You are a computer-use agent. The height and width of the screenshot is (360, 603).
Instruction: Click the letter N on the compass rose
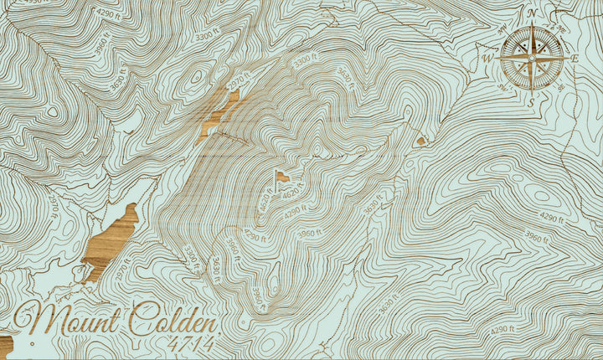(532, 13)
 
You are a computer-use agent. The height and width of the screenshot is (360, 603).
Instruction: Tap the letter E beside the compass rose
(575, 59)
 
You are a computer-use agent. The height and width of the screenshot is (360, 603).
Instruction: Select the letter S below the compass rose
(531, 102)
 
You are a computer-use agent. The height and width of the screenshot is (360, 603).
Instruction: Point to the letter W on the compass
(487, 59)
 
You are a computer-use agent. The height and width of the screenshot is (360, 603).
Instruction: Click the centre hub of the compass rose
(531, 59)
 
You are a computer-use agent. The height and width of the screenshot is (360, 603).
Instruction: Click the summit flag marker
(282, 177)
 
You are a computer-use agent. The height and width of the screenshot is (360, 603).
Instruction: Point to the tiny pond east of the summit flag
(420, 141)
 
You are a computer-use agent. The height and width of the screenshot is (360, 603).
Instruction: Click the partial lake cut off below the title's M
(5, 345)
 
